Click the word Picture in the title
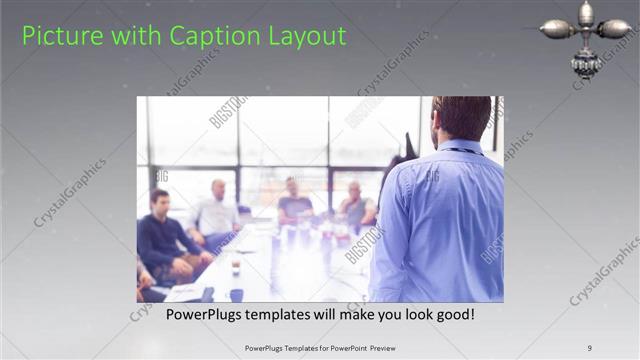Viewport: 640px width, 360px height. click(x=57, y=36)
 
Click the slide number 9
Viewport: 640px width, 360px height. click(x=590, y=348)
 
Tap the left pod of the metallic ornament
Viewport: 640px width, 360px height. click(x=557, y=29)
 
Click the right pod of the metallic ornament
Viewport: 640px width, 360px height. click(x=613, y=29)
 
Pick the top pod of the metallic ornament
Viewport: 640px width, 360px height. click(x=585, y=12)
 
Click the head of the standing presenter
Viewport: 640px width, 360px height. click(x=462, y=118)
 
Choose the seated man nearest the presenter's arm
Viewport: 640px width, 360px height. click(x=356, y=205)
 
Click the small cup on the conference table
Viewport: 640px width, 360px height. click(x=236, y=267)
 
